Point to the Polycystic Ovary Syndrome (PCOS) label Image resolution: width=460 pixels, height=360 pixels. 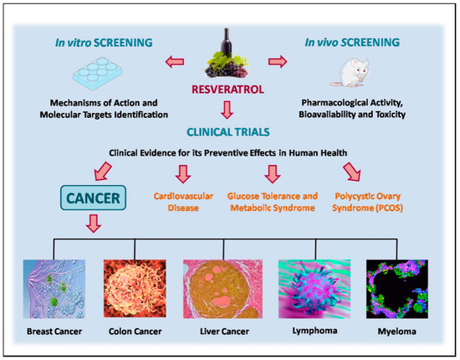(361, 201)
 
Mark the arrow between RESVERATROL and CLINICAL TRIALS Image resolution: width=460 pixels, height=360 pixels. (228, 109)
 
